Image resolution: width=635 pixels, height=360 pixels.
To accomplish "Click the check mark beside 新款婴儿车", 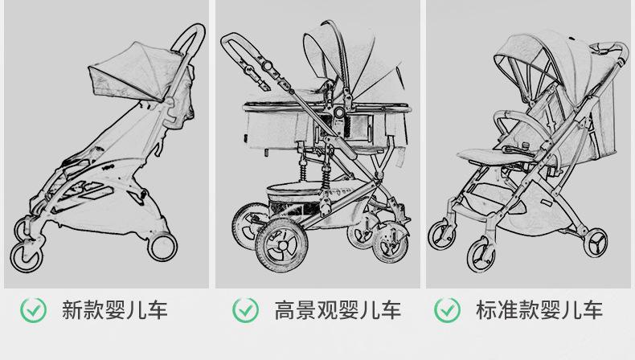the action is click(33, 309).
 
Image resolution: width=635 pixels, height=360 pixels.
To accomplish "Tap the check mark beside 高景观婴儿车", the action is click(245, 309).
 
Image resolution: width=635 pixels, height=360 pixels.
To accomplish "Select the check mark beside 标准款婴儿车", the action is click(448, 309).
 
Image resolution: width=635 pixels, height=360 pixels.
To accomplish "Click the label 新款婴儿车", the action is click(114, 310).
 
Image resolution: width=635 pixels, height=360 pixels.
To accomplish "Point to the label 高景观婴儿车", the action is click(338, 310).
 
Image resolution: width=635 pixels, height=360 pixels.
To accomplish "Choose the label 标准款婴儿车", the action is click(539, 310).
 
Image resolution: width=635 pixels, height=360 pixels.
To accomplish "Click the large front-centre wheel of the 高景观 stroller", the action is click(281, 247).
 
